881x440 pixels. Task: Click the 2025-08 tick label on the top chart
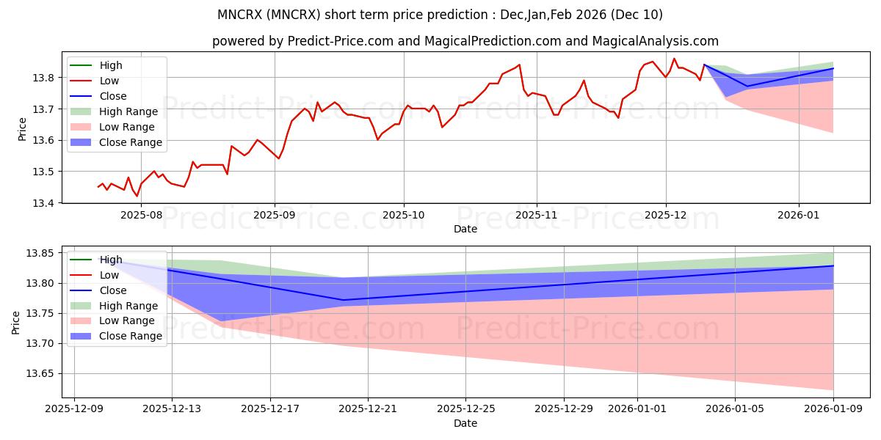(x=141, y=216)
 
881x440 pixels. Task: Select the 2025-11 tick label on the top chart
(x=536, y=216)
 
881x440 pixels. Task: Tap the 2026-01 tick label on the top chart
(x=799, y=216)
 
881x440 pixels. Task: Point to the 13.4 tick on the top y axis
(x=46, y=203)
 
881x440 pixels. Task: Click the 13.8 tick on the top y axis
(x=46, y=78)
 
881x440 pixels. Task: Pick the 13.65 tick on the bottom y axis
(x=43, y=374)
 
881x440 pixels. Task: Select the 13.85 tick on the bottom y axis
(x=43, y=254)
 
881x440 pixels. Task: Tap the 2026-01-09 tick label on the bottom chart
(x=833, y=409)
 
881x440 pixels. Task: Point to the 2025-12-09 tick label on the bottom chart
(x=73, y=409)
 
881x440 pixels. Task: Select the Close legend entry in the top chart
(x=112, y=96)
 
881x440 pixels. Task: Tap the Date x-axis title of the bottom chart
(x=465, y=423)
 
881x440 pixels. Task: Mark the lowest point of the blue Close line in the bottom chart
(x=343, y=300)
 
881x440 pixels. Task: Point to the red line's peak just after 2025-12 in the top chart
(x=674, y=59)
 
